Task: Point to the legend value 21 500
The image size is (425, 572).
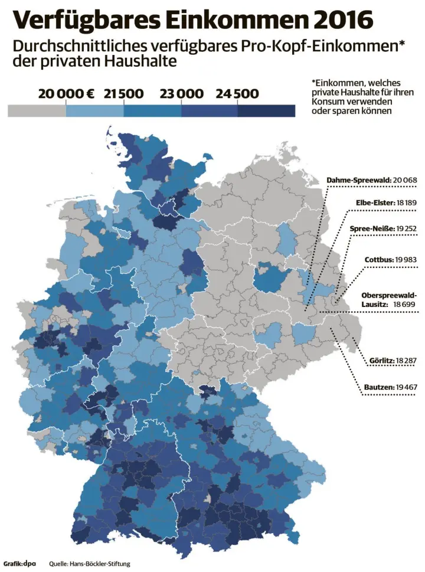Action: coord(123,94)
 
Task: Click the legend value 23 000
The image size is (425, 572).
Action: coord(181,94)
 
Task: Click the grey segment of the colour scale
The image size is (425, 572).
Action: coord(37,110)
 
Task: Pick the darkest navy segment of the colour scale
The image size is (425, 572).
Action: coord(266,110)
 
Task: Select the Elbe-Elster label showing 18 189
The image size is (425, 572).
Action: coord(386,202)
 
